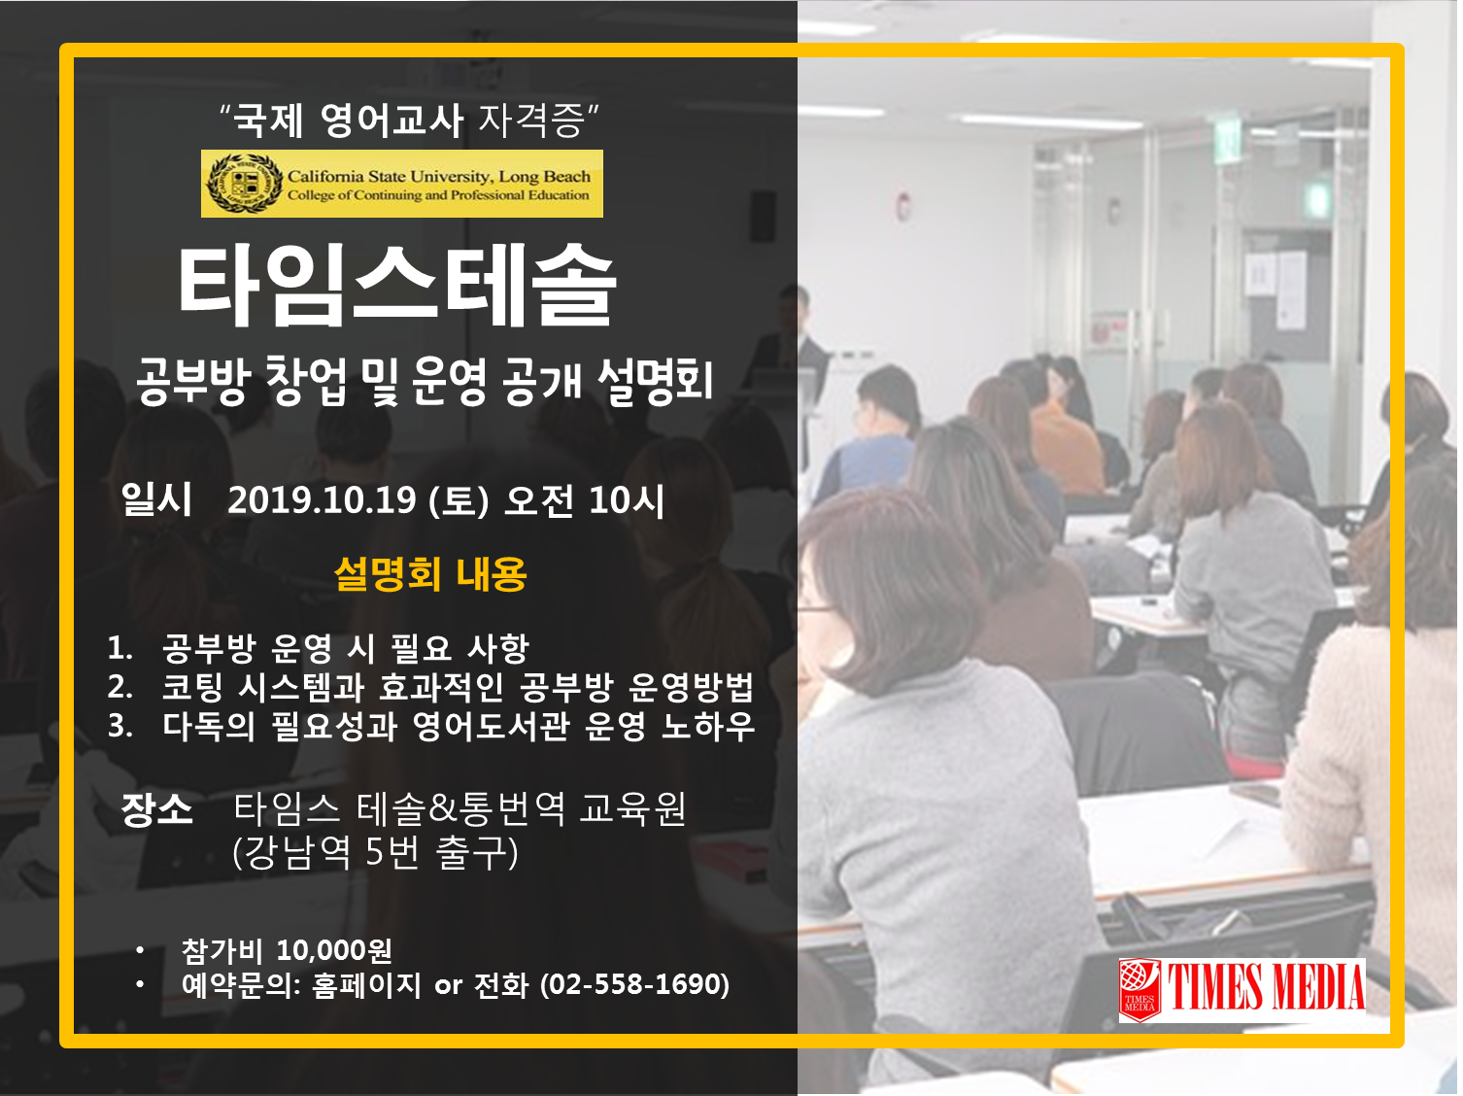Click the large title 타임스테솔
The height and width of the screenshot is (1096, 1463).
point(397,286)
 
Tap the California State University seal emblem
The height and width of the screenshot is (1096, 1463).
point(244,184)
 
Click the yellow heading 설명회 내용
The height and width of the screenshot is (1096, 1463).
point(430,574)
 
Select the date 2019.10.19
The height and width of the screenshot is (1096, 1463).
point(322,500)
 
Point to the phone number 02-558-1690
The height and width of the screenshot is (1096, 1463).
point(633,984)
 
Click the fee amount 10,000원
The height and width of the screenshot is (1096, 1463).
point(333,950)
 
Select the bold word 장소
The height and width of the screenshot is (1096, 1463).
point(156,809)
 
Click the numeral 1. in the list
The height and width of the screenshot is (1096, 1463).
point(119,648)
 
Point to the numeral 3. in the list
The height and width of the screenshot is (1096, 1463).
point(119,726)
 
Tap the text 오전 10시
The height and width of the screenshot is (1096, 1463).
point(584,500)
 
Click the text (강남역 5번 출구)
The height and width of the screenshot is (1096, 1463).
point(375,853)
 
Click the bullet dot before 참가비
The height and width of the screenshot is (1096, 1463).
point(140,950)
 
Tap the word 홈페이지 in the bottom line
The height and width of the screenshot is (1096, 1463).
point(366,984)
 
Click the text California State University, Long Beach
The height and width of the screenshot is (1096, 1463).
point(438,176)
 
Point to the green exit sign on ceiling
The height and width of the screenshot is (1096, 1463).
point(1226,139)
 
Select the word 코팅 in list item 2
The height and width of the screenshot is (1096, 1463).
point(192,687)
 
